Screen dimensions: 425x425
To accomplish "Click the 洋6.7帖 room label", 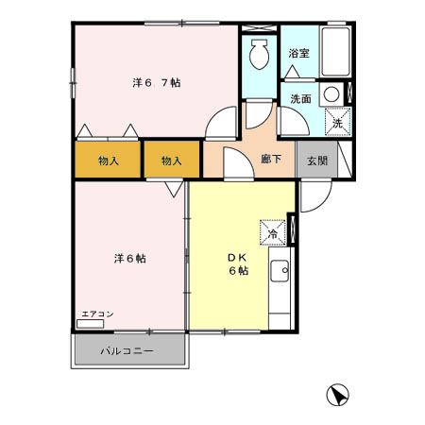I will [x=157, y=82].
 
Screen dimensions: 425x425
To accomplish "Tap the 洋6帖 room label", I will [x=130, y=258].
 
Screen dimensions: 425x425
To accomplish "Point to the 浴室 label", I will [x=299, y=54].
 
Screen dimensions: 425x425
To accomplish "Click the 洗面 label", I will [x=300, y=98].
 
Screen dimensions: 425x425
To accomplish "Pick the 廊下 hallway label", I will [x=271, y=161].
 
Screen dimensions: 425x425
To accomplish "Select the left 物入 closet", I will [x=109, y=161].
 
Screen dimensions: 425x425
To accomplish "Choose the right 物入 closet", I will [x=171, y=161].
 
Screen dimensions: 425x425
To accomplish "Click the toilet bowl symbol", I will [x=256, y=58].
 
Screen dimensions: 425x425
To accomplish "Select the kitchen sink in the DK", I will [x=280, y=274].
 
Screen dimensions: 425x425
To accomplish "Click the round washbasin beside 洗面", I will [x=331, y=94].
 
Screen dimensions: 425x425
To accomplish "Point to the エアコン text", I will [x=96, y=313].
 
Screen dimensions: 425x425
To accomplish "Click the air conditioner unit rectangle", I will [x=92, y=323].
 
